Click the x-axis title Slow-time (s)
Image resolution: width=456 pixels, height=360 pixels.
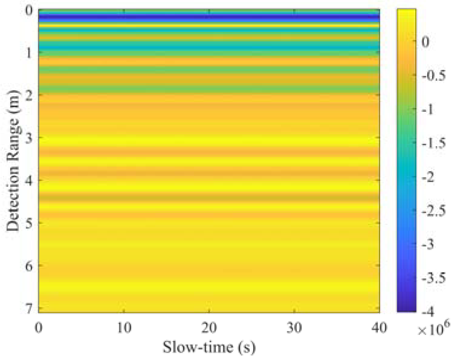[x=209, y=347]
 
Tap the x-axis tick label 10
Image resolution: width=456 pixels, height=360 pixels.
[x=124, y=328]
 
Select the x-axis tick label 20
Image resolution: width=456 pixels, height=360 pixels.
[x=209, y=328]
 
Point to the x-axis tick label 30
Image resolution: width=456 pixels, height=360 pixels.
[x=294, y=328]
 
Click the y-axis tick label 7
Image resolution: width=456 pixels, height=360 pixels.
[x=29, y=309]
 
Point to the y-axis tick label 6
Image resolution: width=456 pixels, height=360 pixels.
[x=29, y=266]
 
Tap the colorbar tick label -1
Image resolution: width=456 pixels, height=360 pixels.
[x=428, y=109]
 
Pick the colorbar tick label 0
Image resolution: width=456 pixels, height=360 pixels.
[x=425, y=42]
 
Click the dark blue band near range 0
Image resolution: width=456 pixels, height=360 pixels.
[x=209, y=19]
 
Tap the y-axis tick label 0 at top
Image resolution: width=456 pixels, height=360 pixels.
[x=29, y=11]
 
